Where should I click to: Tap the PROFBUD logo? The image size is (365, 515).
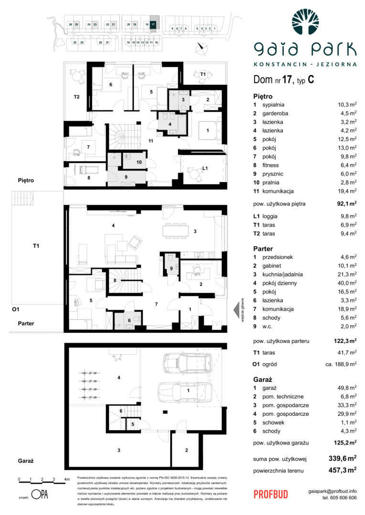point(270,494)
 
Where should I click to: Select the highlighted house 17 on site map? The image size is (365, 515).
point(153,24)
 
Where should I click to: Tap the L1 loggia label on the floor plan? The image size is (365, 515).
point(204,168)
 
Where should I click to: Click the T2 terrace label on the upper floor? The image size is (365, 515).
point(76,97)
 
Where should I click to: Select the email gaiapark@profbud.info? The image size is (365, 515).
point(333,491)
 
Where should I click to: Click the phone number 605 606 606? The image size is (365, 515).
point(339,497)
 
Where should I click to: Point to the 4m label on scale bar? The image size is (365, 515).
point(66,479)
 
